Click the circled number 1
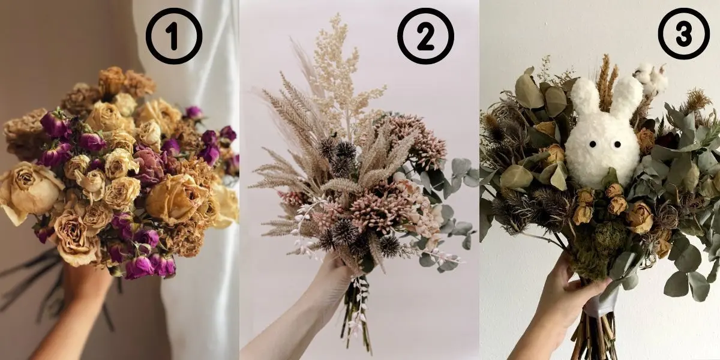(x=174, y=36)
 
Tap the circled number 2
(x=425, y=36)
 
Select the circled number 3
(x=683, y=34)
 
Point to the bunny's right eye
(x=617, y=145)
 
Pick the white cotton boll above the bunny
(x=649, y=79)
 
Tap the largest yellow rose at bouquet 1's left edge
(x=28, y=193)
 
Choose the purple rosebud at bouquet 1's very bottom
(x=139, y=268)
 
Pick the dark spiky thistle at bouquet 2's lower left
(x=344, y=231)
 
